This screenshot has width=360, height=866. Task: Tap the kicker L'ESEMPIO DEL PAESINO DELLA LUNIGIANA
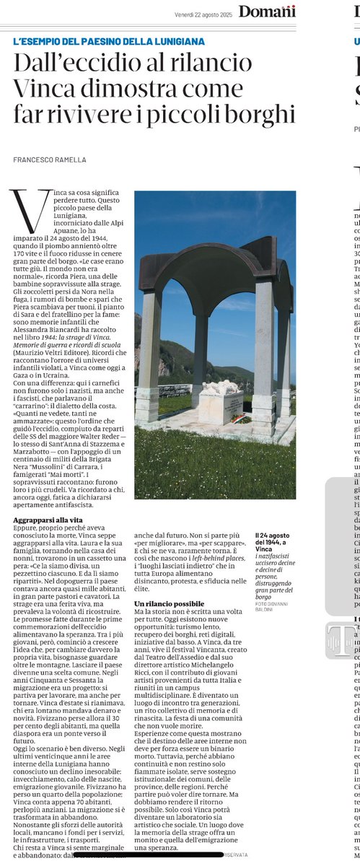(109, 42)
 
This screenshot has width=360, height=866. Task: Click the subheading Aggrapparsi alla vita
(48, 499)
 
